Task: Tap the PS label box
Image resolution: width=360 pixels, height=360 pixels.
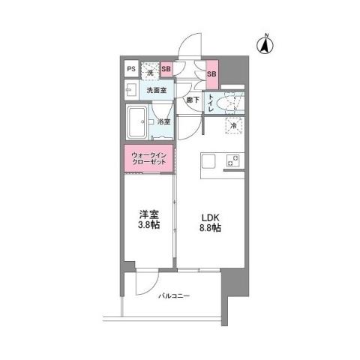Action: pos(131,70)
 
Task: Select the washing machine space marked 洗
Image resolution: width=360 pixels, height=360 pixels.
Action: pos(150,71)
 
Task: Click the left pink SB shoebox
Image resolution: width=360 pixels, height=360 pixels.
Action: pos(166,70)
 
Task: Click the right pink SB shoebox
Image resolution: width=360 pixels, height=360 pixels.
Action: pos(211,73)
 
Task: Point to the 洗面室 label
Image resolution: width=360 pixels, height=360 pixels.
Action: pos(156,90)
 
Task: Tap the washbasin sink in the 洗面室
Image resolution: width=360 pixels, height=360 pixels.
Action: pos(130,91)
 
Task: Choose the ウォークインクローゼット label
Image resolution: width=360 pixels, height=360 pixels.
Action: pos(148,160)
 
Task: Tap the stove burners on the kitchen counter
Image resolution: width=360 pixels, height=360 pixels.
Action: pos(234,161)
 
